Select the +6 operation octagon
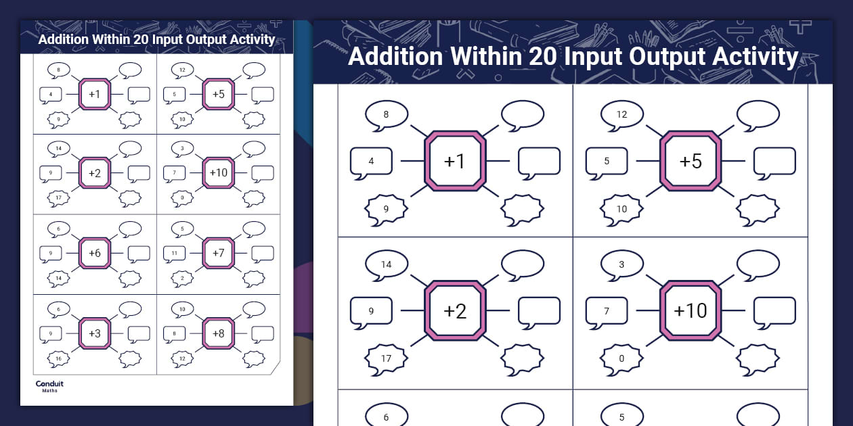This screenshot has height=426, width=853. (95, 253)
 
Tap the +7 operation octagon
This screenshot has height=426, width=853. (218, 253)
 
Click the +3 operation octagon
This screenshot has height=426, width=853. (95, 333)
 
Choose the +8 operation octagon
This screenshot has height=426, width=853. (218, 333)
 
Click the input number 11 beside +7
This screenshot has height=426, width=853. (174, 253)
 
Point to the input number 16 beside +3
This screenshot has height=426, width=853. (58, 358)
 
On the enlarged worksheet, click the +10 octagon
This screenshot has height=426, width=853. (691, 310)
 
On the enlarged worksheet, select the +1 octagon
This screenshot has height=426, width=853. (455, 161)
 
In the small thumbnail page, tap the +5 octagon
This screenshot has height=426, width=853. (218, 94)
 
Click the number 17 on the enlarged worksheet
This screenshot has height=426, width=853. (386, 358)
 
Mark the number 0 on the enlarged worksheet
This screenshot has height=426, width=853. (621, 358)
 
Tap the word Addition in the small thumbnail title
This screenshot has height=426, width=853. (64, 39)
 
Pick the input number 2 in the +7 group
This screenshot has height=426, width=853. (182, 277)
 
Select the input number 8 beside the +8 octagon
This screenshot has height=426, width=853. (174, 333)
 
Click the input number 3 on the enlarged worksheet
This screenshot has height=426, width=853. (621, 264)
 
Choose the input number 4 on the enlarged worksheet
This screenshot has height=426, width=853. (371, 161)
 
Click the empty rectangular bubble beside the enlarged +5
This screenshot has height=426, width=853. (774, 161)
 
